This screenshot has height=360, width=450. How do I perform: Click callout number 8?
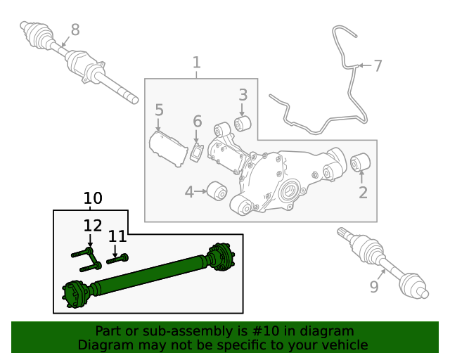(75, 30)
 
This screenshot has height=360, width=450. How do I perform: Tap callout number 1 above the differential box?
(196, 63)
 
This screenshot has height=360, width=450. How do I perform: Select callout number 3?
(243, 94)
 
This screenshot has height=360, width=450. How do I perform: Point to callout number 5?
(159, 110)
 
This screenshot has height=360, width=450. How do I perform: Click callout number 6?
(198, 122)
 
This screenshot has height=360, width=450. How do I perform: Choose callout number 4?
(189, 192)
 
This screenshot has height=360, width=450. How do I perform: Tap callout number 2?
(363, 192)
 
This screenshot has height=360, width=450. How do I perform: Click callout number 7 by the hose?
(378, 66)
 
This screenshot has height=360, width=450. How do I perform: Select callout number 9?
(373, 287)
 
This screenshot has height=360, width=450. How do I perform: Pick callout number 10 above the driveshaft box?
(93, 199)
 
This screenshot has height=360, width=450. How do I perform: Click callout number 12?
(92, 226)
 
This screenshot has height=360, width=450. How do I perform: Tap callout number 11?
(117, 236)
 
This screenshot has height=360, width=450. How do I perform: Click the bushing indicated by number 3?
(243, 124)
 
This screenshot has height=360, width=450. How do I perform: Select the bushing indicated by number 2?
(361, 162)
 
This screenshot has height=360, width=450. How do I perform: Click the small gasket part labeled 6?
(197, 153)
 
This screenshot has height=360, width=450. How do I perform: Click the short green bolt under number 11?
(118, 260)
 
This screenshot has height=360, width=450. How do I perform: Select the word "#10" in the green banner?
(279, 331)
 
